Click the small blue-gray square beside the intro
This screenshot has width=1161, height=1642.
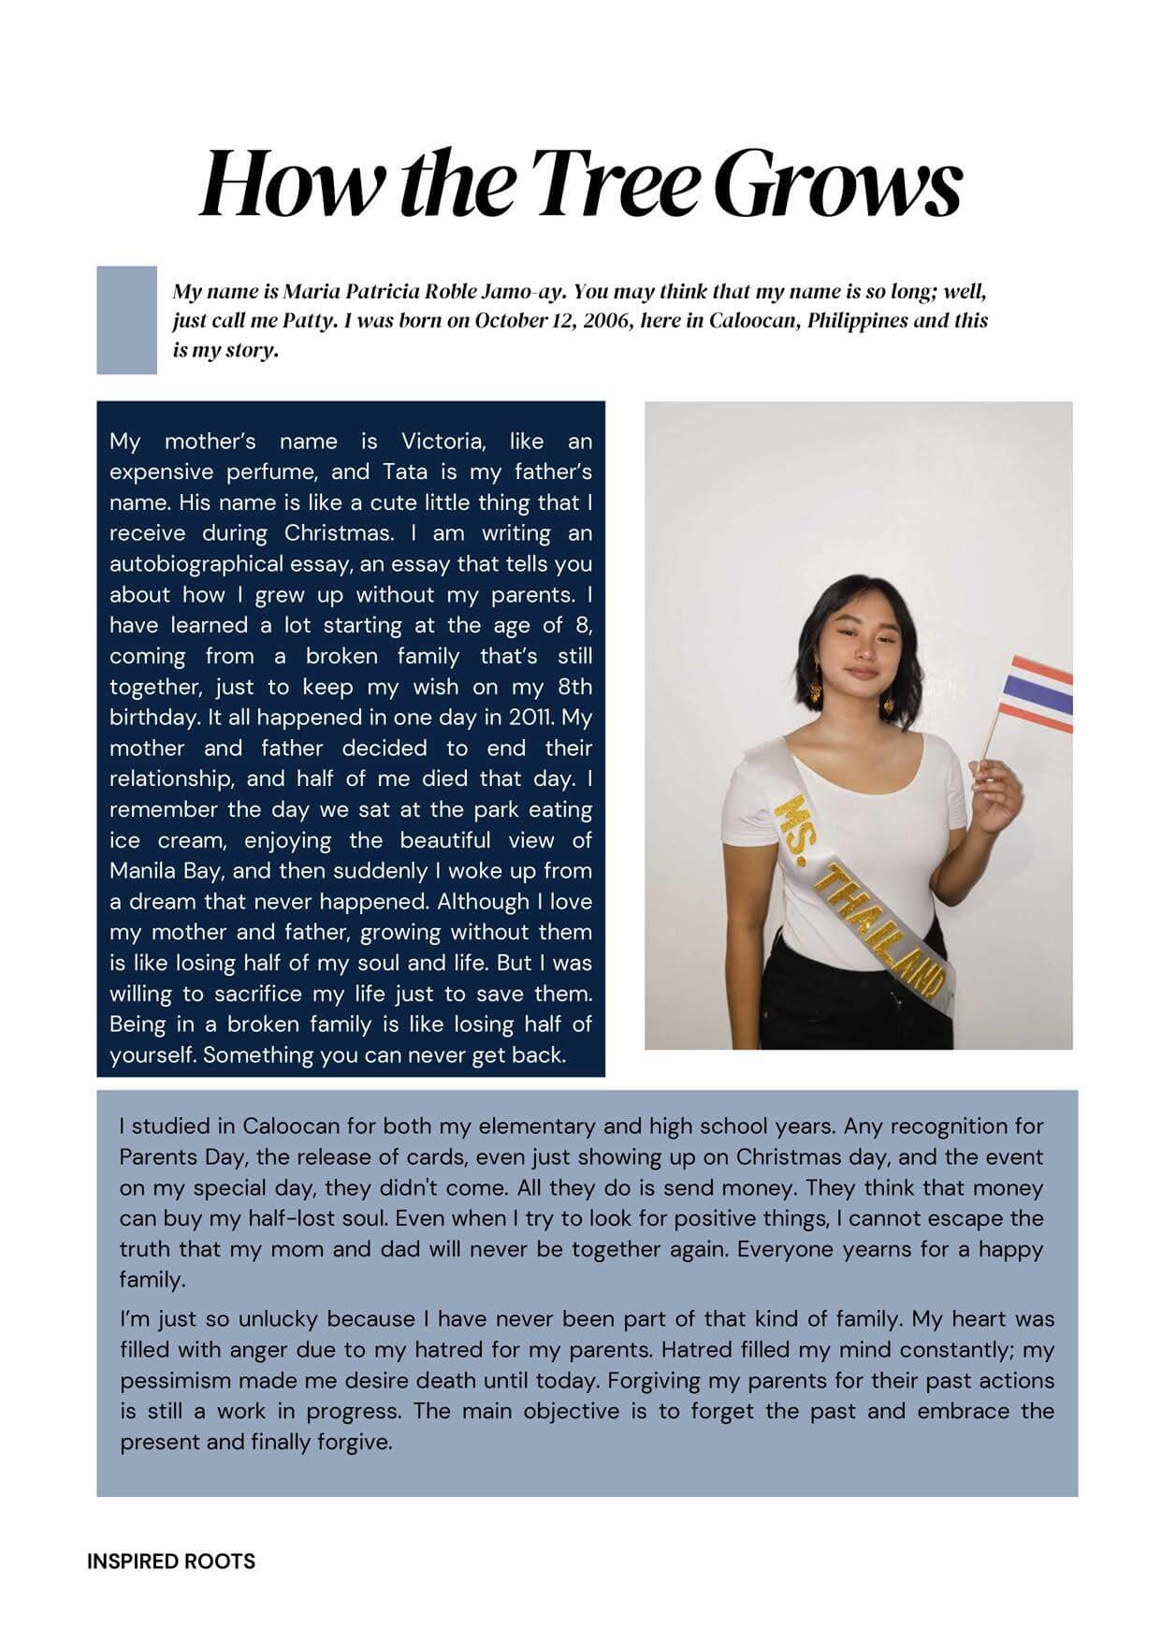point(126,320)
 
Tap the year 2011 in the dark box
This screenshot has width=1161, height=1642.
point(533,718)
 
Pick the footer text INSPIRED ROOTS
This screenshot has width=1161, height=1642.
point(171,1562)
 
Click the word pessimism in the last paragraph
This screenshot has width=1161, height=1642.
point(180,1381)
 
